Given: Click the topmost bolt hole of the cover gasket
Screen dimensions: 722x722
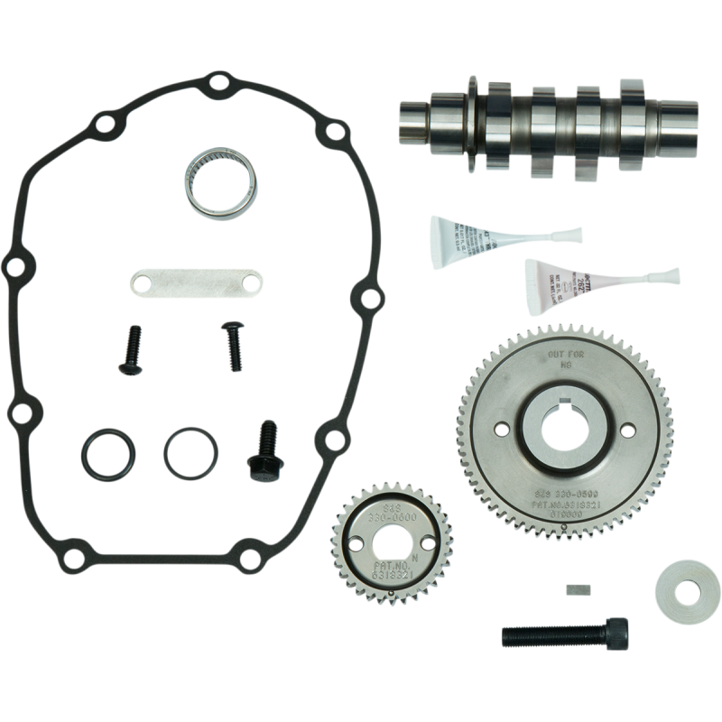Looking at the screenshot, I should coord(214,86).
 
